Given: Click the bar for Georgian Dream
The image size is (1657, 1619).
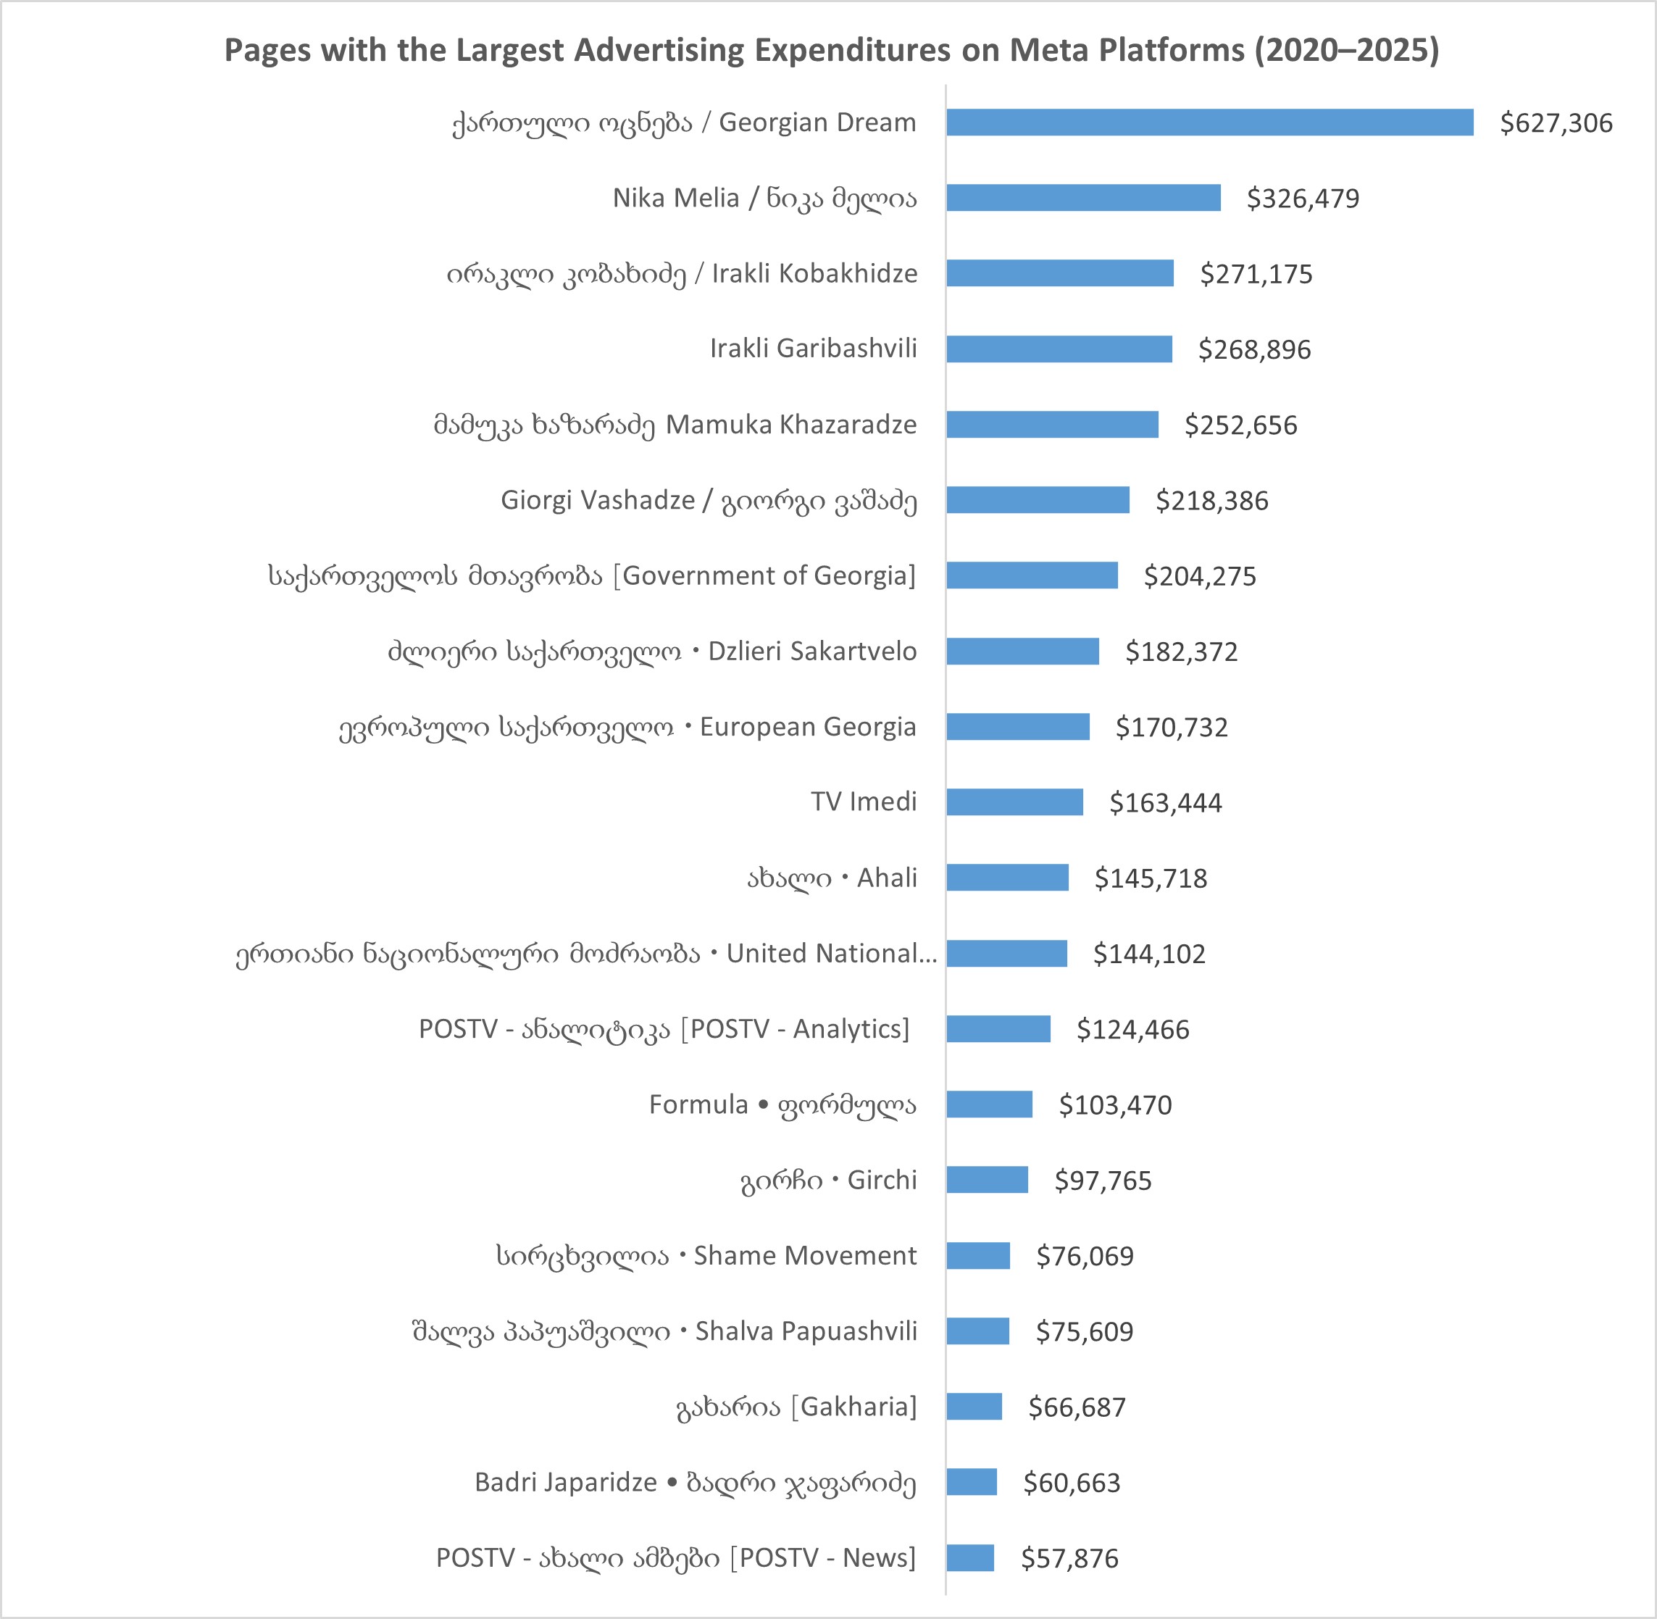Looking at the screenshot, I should [x=1209, y=122].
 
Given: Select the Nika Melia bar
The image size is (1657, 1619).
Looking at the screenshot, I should [x=1083, y=198].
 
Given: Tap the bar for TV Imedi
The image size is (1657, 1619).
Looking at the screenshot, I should [x=1014, y=802].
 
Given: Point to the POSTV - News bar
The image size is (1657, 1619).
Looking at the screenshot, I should [x=970, y=1558].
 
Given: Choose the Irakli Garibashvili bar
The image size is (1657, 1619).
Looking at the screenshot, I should [x=1059, y=349].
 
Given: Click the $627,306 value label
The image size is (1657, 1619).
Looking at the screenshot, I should [x=1556, y=123].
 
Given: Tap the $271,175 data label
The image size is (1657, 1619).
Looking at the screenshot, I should [x=1256, y=275].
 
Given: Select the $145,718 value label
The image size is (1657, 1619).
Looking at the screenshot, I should [x=1151, y=878].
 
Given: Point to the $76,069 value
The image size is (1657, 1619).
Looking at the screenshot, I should [x=1085, y=1256].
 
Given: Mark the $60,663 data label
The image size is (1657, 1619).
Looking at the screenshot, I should [x=1072, y=1483].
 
